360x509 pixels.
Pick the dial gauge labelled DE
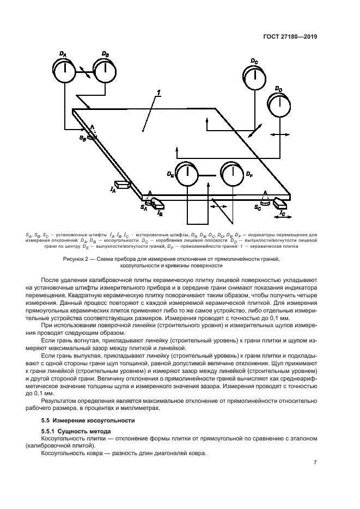[186, 175]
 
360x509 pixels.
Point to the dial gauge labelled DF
[231, 175]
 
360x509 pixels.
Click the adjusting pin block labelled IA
[122, 186]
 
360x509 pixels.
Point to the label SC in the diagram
[257, 207]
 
